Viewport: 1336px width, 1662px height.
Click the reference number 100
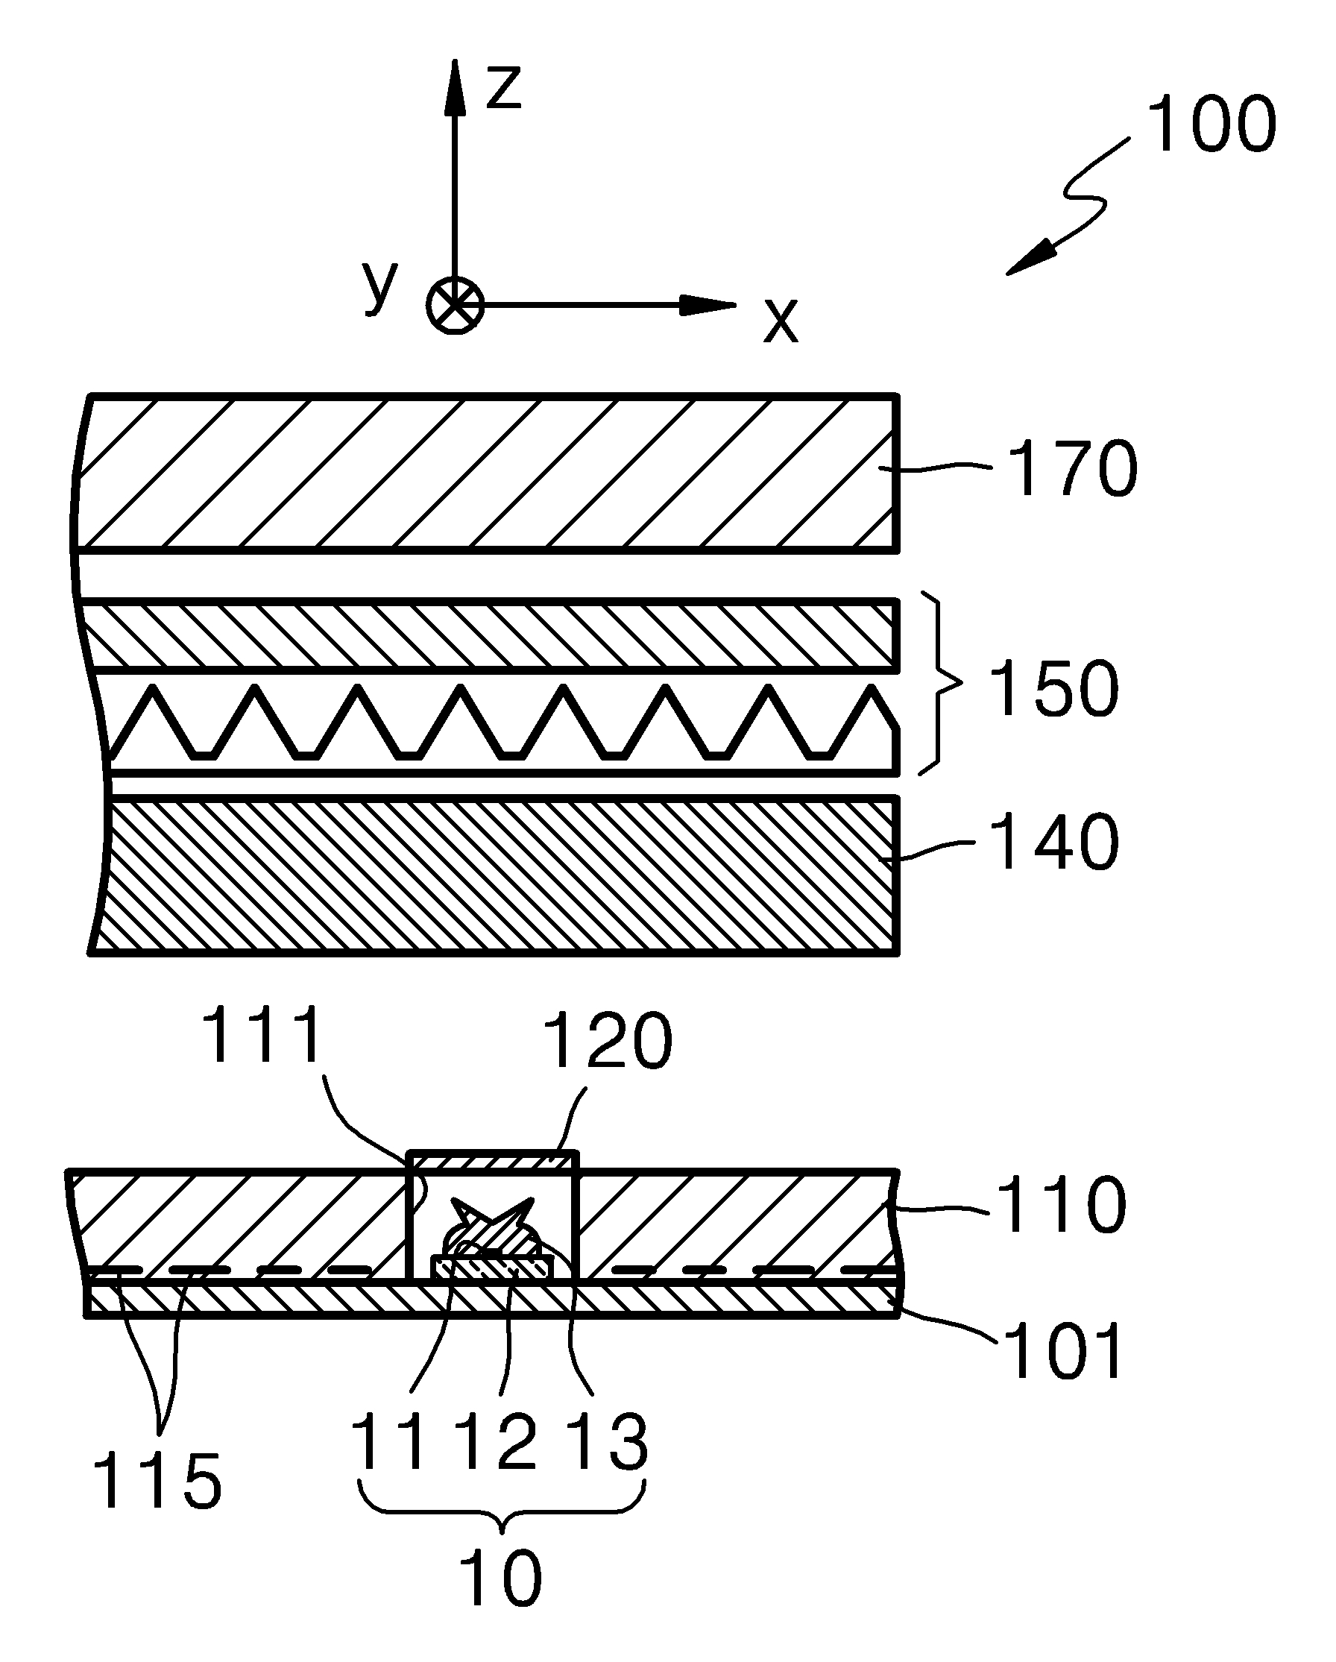click(1211, 125)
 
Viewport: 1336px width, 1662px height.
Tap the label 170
click(1072, 469)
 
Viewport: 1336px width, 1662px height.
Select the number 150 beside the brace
click(1053, 688)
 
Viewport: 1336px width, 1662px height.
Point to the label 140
click(1054, 843)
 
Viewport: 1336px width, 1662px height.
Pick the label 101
click(1063, 1350)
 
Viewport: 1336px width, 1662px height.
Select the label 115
click(157, 1480)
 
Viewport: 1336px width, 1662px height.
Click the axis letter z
click(504, 86)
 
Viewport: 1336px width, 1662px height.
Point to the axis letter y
click(380, 286)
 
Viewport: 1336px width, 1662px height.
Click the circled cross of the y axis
click(455, 306)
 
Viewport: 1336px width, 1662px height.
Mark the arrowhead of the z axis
click(455, 85)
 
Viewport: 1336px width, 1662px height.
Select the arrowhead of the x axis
click(709, 306)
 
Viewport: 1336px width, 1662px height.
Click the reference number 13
click(608, 1441)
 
